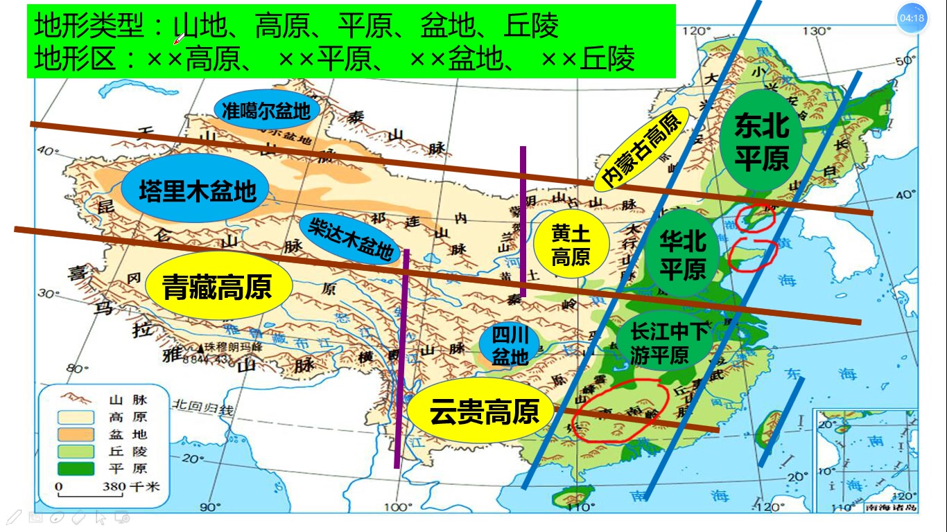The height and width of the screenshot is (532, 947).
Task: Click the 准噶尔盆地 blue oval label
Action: tap(267, 110)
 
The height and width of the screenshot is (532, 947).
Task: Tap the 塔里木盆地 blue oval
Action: tap(197, 190)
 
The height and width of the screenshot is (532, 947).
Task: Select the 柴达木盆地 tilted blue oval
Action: tap(350, 238)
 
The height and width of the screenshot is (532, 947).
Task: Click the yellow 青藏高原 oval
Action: tap(218, 287)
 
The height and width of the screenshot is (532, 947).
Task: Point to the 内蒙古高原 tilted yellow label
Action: tap(641, 150)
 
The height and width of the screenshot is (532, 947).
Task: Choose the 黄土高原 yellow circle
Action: tap(571, 245)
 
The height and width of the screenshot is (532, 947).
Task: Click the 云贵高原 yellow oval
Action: tap(484, 411)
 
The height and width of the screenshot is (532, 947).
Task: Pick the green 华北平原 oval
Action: tap(682, 254)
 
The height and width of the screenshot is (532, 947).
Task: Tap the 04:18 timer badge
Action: tap(911, 19)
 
